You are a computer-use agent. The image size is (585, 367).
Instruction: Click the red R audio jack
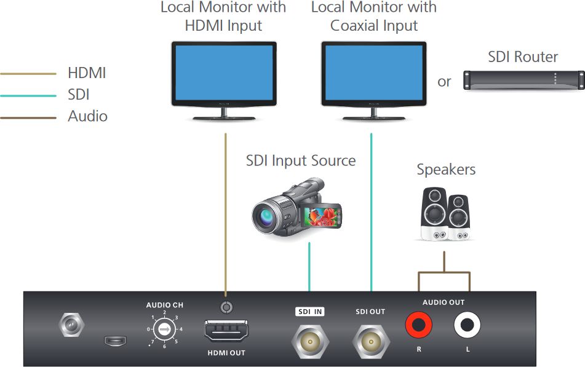[x=419, y=325]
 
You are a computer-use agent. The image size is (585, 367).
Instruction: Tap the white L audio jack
[x=467, y=325]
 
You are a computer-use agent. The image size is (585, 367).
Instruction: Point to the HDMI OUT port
[x=226, y=331]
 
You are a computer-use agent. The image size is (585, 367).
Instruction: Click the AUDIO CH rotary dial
[x=164, y=330]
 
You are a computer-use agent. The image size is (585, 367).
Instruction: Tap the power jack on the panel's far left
[x=71, y=325]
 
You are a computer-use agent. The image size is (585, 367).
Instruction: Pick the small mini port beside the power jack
[x=115, y=340]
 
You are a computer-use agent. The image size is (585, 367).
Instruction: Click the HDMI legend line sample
[x=28, y=74]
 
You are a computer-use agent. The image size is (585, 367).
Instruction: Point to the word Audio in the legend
[x=87, y=116]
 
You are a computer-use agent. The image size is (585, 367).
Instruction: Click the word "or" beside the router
[x=444, y=81]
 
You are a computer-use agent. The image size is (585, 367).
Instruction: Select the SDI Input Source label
[x=301, y=161]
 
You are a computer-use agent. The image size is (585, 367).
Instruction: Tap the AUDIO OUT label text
[x=444, y=302]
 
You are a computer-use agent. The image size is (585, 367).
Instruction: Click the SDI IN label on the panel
[x=310, y=312]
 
